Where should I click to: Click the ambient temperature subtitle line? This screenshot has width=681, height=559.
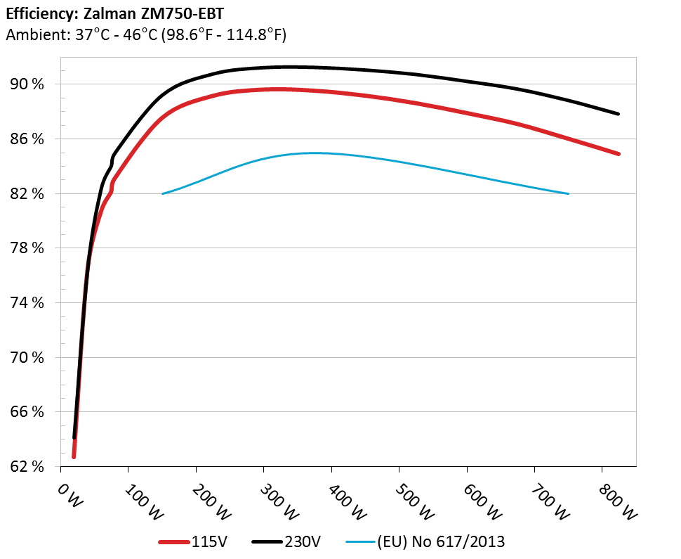pyautogui.click(x=146, y=34)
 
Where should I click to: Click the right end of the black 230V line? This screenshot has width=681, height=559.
pyautogui.click(x=619, y=114)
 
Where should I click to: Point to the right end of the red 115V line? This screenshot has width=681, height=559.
pyautogui.click(x=619, y=153)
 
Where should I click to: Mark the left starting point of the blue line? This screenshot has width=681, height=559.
pyautogui.click(x=163, y=193)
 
